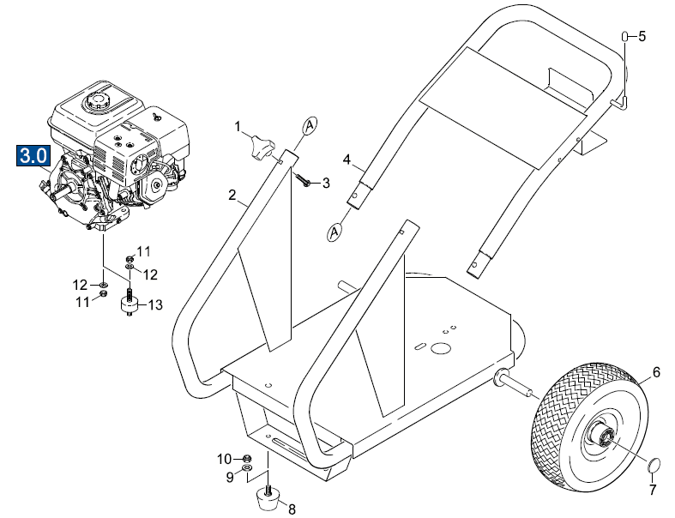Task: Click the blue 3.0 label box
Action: point(33,158)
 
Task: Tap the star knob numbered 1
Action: point(262,148)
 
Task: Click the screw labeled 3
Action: point(304,179)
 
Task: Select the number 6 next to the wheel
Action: point(656,372)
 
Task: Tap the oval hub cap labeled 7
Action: point(653,465)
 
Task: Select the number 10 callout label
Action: point(225,458)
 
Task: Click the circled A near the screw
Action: point(309,125)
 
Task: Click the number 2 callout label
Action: point(232,196)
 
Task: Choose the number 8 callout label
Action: point(292,509)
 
